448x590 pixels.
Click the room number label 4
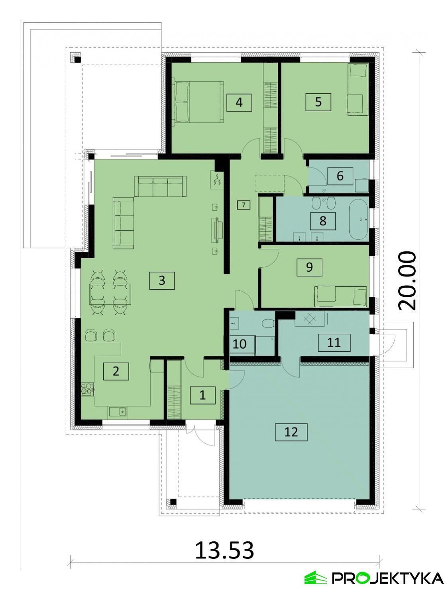click(x=239, y=103)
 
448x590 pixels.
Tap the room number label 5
click(x=318, y=102)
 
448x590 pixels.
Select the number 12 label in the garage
click(x=291, y=432)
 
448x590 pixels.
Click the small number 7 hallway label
click(x=244, y=205)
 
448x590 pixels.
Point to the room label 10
click(x=240, y=343)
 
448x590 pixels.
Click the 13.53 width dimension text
click(x=224, y=551)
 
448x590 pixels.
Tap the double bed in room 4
click(x=198, y=102)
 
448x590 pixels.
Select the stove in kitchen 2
click(x=87, y=389)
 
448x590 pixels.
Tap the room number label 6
click(x=340, y=176)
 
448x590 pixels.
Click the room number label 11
click(x=334, y=342)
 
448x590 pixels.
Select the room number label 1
click(x=202, y=395)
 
